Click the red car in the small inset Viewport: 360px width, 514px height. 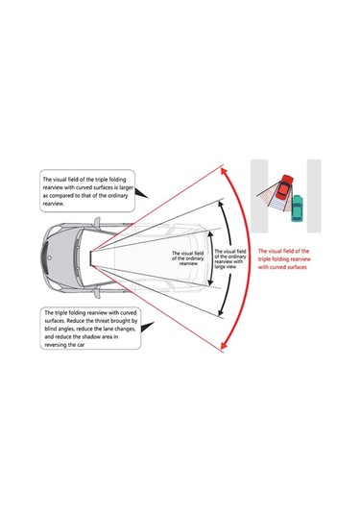(x=284, y=187)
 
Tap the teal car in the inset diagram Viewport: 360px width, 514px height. (x=297, y=208)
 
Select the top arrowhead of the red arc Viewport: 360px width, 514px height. (x=224, y=171)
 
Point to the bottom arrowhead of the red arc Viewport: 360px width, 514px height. (x=224, y=345)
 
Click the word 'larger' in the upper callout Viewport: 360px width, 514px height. (x=127, y=188)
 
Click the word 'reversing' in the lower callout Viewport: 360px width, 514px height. (x=55, y=345)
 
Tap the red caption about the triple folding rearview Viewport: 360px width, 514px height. (x=284, y=259)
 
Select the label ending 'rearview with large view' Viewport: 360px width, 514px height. (x=230, y=259)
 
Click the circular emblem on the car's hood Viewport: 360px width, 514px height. (x=50, y=258)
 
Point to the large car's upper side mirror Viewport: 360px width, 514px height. (x=97, y=222)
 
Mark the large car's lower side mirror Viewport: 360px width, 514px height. (x=97, y=293)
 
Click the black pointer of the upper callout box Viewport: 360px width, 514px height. (x=141, y=193)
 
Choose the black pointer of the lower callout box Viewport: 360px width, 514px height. (x=148, y=328)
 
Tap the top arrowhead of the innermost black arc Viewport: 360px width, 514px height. (x=210, y=233)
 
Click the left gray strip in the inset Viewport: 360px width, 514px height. (x=259, y=196)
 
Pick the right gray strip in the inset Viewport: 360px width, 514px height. (x=314, y=196)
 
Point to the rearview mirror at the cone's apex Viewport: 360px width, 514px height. (x=92, y=258)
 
